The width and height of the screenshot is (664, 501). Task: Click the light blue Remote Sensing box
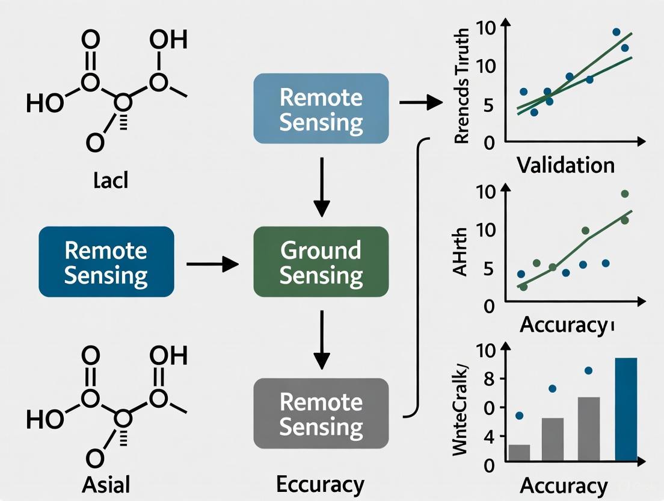pos(321,109)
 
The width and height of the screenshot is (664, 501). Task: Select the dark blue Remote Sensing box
pos(106,262)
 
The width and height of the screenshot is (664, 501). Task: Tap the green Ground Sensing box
pos(321,262)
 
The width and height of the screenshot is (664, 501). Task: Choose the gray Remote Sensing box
pos(321,414)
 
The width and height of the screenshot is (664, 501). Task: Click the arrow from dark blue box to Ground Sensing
pos(212,263)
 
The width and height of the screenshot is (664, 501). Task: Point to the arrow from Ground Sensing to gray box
pos(322,340)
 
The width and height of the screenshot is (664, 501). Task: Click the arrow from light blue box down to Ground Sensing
pos(322,187)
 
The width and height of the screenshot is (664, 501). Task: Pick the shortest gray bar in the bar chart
pos(520,453)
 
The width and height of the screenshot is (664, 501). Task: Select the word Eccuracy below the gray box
pos(320,484)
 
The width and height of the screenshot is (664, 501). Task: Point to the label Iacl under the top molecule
pos(111,181)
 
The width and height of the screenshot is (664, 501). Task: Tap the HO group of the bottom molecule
pos(45,420)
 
